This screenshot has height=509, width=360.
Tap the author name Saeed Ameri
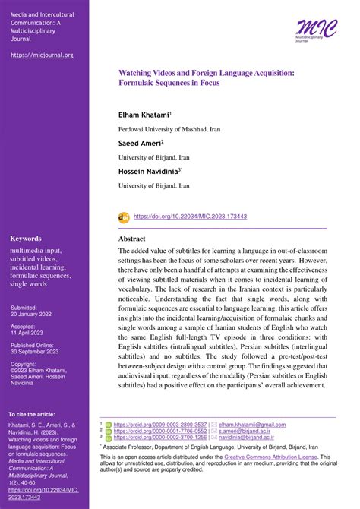tap(142, 143)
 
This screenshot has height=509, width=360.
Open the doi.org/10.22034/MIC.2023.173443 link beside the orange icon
tap(190, 217)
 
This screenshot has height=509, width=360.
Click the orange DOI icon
tap(124, 217)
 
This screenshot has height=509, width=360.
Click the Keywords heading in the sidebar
tap(27, 238)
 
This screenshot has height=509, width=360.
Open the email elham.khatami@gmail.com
tap(253, 425)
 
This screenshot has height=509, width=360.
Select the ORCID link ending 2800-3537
tap(159, 425)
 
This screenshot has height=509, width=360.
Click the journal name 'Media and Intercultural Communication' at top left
tap(43, 17)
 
